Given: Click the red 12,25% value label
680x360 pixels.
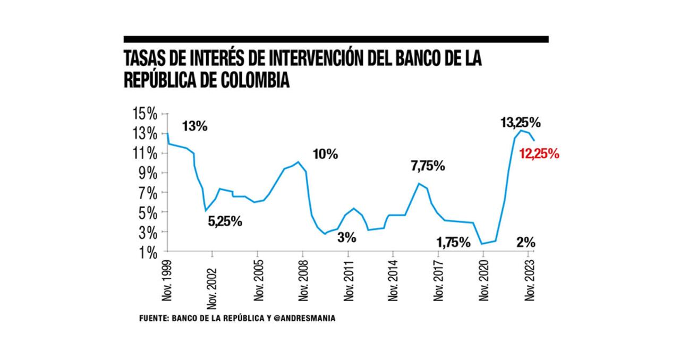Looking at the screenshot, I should (x=539, y=155).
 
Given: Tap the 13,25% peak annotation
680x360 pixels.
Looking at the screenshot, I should (x=520, y=123).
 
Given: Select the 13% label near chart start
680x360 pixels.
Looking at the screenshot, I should (x=194, y=126).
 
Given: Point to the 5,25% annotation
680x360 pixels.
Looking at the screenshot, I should (x=225, y=221).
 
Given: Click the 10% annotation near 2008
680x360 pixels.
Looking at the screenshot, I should (x=325, y=155).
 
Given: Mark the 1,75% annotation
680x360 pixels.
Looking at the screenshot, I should (x=453, y=243).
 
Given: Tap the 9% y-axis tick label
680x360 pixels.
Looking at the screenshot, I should (x=148, y=173).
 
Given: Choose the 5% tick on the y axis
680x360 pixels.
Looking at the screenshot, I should (x=148, y=212).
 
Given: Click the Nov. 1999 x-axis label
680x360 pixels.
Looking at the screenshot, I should (x=167, y=281).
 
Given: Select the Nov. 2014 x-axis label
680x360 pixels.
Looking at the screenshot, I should (x=393, y=281).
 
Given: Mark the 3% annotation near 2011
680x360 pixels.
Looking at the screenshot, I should (x=347, y=238).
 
